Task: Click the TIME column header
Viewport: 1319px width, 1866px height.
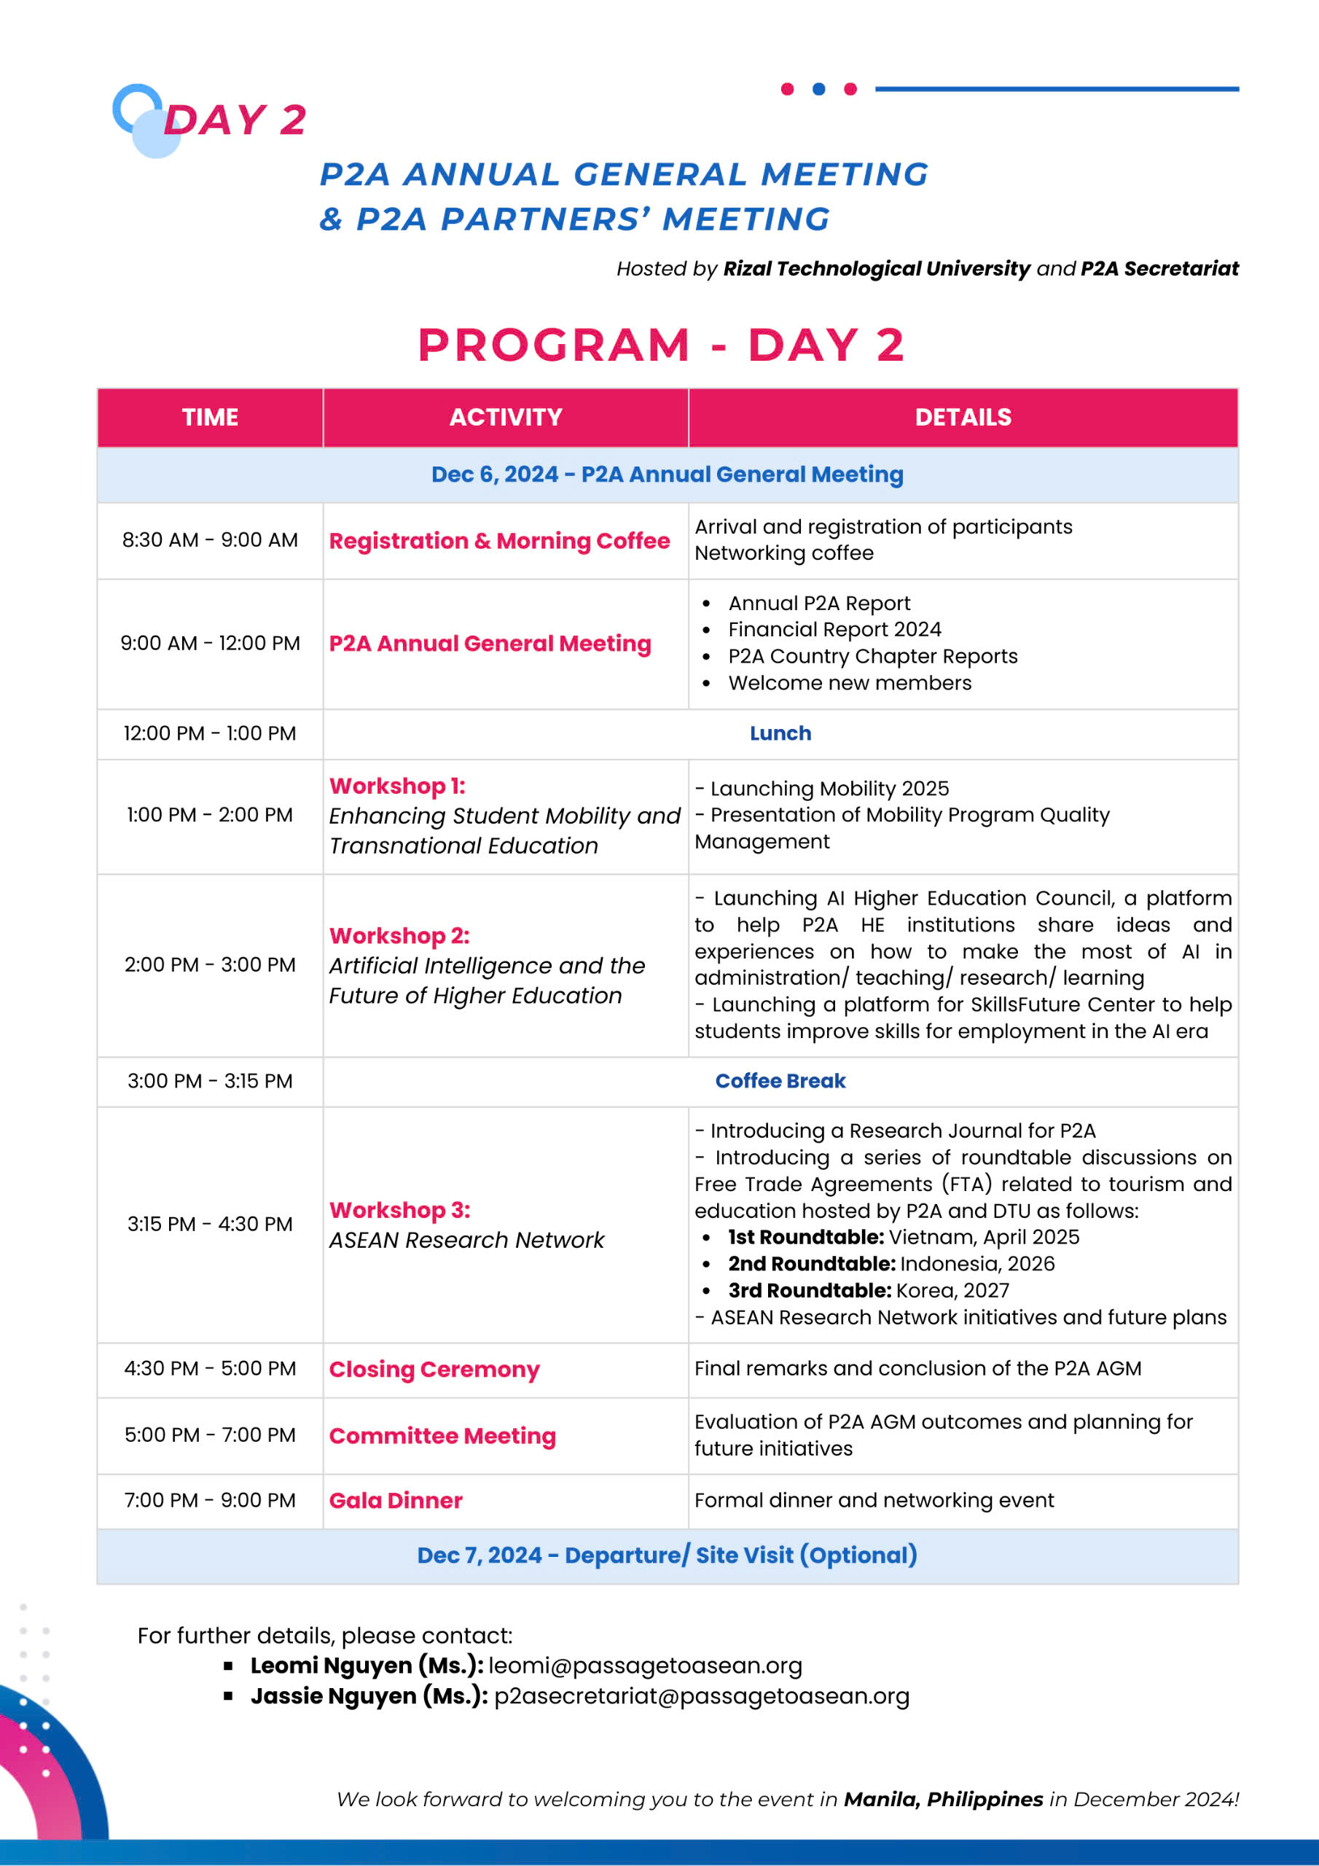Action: [210, 417]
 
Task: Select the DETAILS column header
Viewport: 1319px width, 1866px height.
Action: [963, 417]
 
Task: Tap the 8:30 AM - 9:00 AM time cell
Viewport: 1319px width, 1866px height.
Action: [210, 539]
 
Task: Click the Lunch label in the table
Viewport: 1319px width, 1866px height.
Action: [780, 733]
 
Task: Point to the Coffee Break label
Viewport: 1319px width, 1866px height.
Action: [780, 1081]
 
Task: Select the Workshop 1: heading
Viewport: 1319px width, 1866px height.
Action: [397, 786]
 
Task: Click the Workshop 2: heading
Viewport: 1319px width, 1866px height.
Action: [399, 935]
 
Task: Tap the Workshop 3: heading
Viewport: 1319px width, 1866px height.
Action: [400, 1210]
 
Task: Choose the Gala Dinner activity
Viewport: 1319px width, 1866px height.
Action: [396, 1500]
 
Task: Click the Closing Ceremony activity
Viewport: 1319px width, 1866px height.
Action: [434, 1370]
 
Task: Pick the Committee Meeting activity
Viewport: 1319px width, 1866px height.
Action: [442, 1436]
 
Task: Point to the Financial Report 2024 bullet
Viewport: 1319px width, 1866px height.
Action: [834, 629]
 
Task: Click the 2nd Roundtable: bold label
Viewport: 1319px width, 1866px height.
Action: [812, 1264]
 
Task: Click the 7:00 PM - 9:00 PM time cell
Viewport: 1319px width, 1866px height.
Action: [210, 1500]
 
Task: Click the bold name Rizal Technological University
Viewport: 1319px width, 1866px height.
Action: [877, 268]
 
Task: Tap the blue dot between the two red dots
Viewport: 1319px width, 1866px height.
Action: [818, 89]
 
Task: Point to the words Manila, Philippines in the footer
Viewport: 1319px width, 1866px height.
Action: [943, 1800]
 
